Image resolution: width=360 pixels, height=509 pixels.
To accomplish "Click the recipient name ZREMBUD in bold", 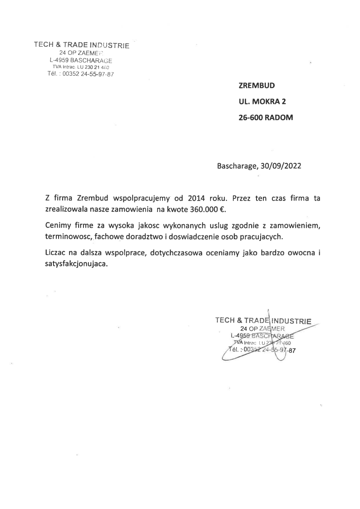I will click(x=256, y=85).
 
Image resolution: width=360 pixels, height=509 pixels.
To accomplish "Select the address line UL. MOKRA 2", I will click(x=262, y=101).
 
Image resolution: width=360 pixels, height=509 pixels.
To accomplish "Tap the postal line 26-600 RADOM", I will click(x=266, y=117).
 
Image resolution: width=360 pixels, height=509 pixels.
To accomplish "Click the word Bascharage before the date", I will click(x=237, y=166).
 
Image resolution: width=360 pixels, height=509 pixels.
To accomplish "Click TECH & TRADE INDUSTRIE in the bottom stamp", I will click(x=263, y=320).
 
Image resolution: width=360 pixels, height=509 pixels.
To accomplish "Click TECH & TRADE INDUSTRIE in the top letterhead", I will click(x=82, y=45).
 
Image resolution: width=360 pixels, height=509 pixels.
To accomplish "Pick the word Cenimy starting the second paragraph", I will click(x=58, y=225).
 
